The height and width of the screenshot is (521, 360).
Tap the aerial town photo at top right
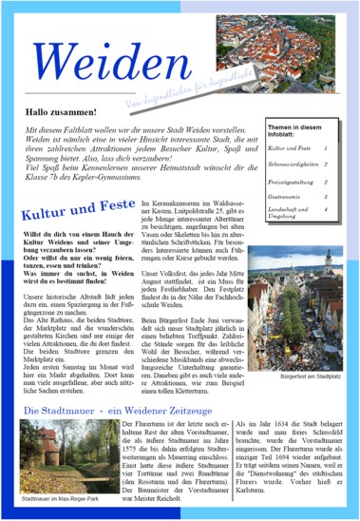(298, 48)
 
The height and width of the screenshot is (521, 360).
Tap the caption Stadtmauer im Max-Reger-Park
(59, 497)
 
